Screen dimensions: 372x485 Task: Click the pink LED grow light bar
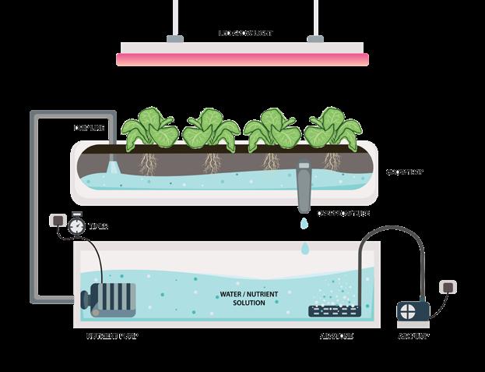tap(242, 58)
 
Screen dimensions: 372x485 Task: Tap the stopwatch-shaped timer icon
tap(76, 225)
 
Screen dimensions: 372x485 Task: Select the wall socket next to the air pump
tap(448, 286)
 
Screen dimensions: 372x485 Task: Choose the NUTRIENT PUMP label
tap(112, 336)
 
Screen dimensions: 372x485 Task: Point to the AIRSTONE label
tap(336, 336)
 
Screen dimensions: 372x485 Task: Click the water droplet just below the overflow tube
tap(305, 224)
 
